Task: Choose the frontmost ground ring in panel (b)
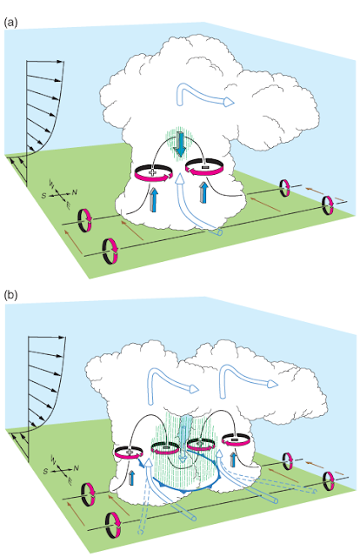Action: click(x=112, y=524)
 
